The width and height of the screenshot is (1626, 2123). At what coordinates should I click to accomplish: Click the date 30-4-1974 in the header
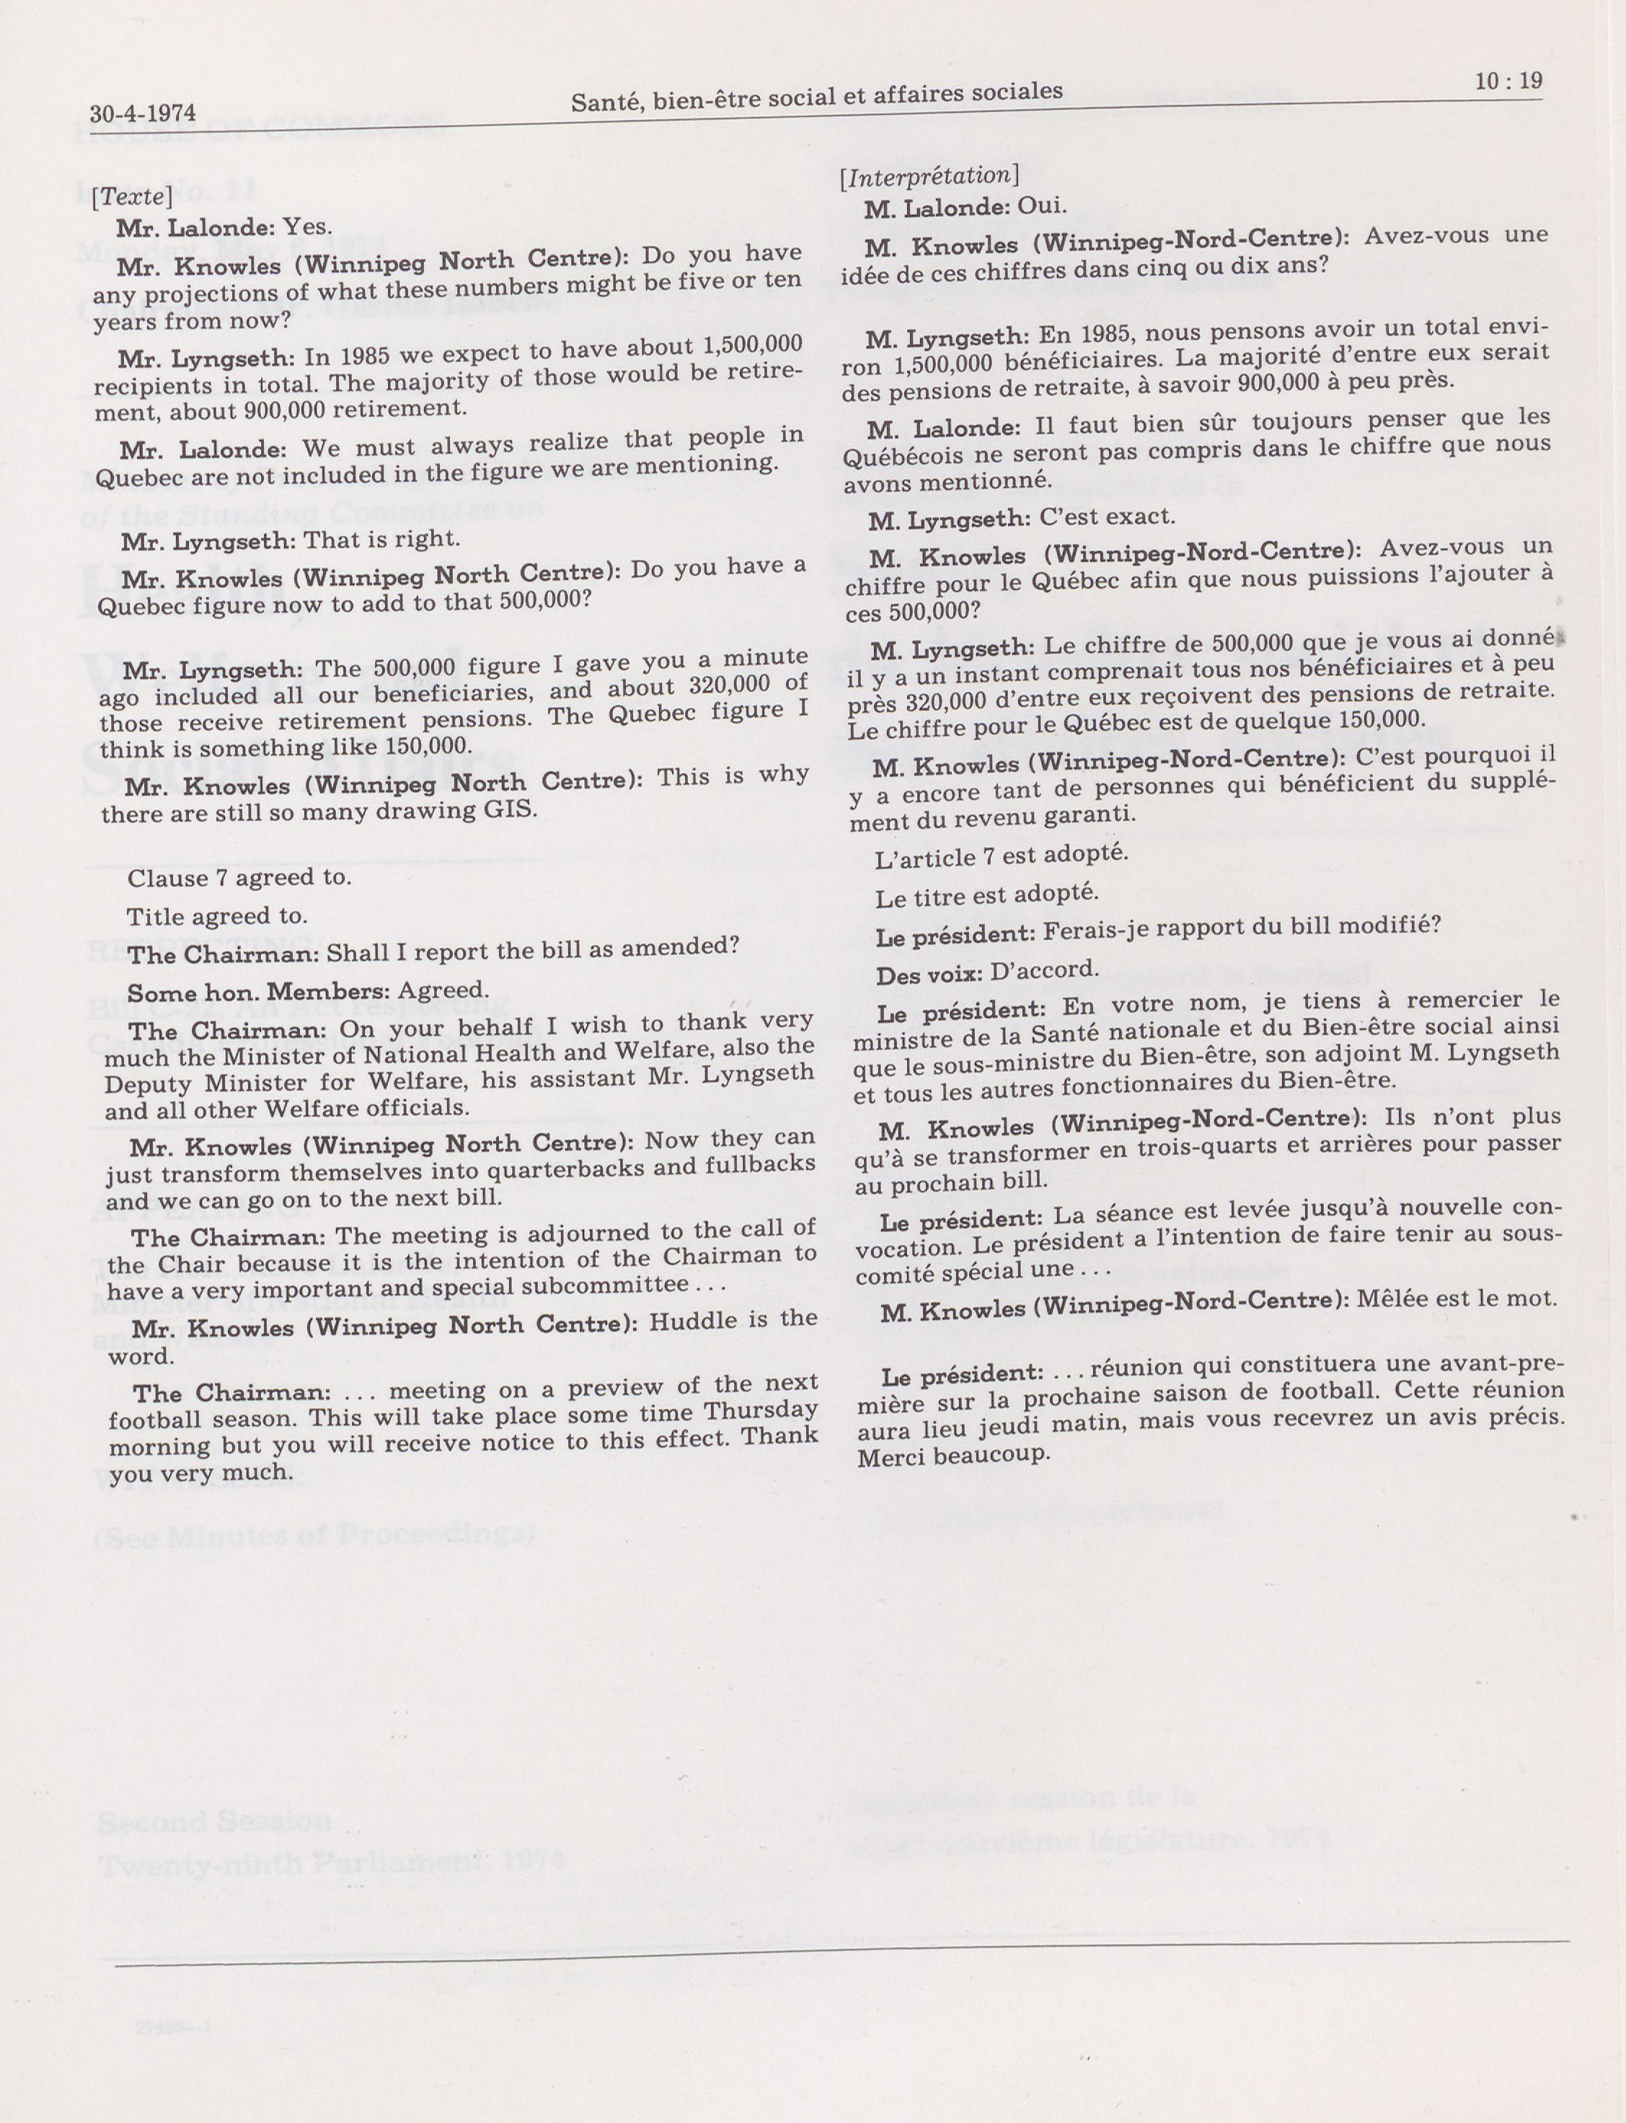point(142,113)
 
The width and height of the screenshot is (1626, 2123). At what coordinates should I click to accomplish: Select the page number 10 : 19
point(1508,82)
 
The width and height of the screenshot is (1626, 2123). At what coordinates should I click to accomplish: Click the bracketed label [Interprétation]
point(929,176)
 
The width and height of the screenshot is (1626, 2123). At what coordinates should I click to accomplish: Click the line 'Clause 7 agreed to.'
point(239,878)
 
